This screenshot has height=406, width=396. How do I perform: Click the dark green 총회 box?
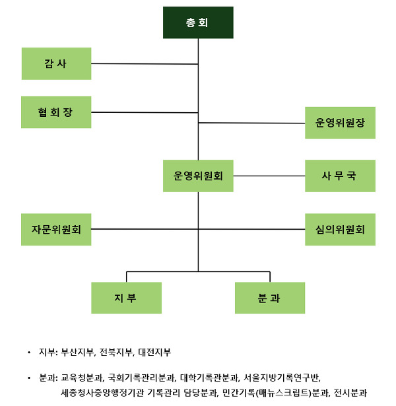click(198, 22)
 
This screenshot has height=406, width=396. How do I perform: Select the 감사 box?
click(56, 63)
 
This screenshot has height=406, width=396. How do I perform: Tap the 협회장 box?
click(56, 112)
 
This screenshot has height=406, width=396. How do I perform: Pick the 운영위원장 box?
click(340, 122)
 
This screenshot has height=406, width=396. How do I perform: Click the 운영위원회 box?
click(198, 176)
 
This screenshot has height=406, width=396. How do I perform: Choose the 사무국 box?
click(340, 176)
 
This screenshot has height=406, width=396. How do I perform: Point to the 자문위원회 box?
click(56, 230)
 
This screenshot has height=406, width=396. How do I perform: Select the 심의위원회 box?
click(340, 230)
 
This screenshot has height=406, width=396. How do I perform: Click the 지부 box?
click(126, 298)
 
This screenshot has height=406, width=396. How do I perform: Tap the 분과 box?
click(270, 298)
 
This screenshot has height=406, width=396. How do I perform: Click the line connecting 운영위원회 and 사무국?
click(269, 176)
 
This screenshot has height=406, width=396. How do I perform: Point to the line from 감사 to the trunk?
click(145, 64)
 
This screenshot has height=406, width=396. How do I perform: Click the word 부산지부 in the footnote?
click(77, 353)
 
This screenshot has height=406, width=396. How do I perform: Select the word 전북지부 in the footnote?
click(116, 353)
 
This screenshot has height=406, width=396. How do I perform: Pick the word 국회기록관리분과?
click(142, 378)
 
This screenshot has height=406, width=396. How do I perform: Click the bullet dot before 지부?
click(28, 353)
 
